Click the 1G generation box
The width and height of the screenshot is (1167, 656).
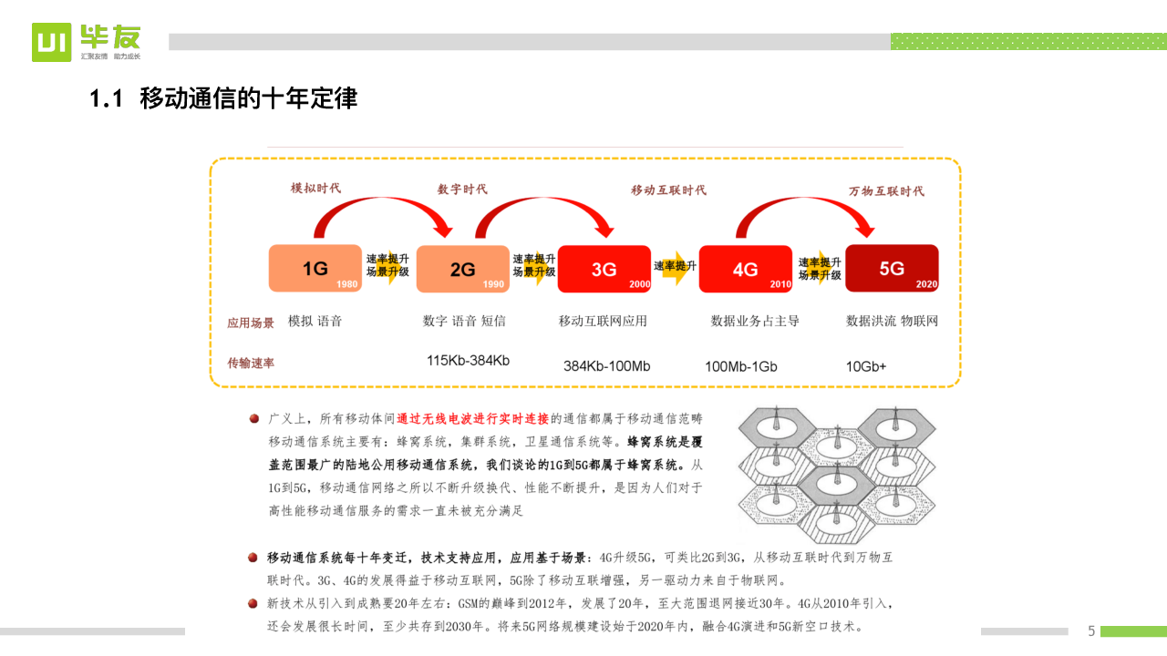point(315,269)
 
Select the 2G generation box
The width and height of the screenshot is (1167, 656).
point(462,269)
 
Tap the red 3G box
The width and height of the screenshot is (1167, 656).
point(604,269)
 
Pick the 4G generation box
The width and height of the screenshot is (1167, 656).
point(745,269)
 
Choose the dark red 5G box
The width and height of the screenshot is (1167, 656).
point(891,268)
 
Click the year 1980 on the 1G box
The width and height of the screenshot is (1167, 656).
point(346,284)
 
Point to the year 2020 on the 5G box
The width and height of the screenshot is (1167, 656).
point(925,284)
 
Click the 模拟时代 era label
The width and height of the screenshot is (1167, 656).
point(315,188)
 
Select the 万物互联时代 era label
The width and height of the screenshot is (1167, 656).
point(886,190)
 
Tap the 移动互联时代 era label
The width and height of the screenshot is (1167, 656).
point(668,190)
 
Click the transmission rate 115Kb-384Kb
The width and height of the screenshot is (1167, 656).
point(468,361)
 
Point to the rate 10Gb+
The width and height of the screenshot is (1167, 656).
point(866,366)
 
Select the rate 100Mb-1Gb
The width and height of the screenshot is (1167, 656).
point(740,366)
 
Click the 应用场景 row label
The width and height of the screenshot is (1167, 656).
point(251,323)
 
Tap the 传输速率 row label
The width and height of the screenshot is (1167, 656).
point(251,363)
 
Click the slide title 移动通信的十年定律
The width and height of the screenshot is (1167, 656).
point(248,98)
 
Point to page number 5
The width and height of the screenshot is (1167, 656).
point(1091,630)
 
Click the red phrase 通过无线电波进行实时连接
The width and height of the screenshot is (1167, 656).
point(472,418)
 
